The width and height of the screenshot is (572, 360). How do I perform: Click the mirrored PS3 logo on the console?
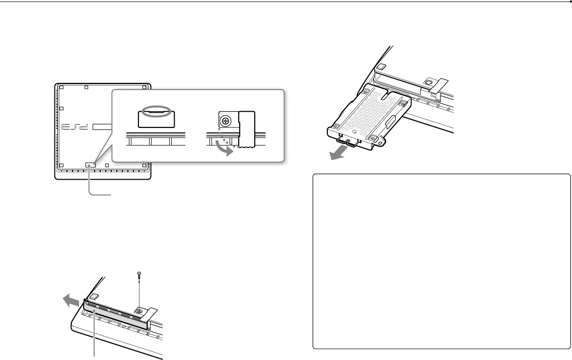click(x=76, y=127)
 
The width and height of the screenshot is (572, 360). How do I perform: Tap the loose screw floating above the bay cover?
click(x=139, y=275)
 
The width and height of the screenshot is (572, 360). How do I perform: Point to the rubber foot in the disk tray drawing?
click(x=381, y=65)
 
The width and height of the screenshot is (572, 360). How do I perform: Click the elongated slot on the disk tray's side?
click(x=390, y=122)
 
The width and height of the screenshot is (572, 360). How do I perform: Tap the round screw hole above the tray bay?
click(x=428, y=83)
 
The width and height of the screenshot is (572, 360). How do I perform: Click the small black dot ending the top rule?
click(x=569, y=2)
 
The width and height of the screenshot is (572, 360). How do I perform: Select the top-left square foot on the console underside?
click(x=60, y=88)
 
